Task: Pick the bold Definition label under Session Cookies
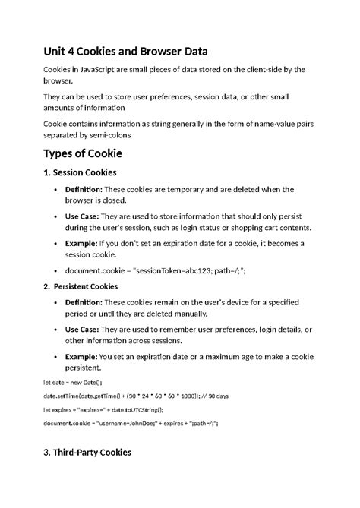tap(84, 188)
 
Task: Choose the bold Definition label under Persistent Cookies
tap(84, 302)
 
